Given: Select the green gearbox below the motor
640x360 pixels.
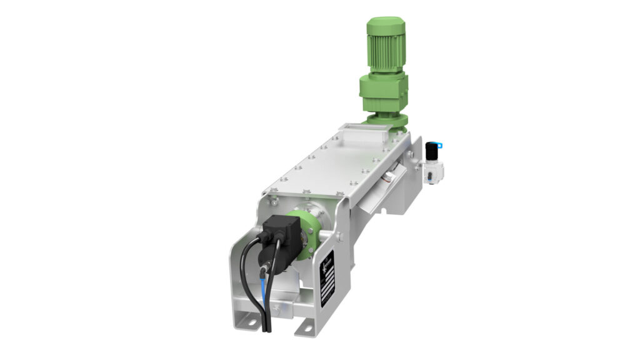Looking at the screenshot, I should click(x=383, y=94).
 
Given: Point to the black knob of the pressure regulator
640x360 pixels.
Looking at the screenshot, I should click(x=431, y=151).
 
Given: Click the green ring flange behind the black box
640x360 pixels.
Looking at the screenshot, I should click(x=308, y=231).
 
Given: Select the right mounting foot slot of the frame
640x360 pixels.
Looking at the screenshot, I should click(x=306, y=326).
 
